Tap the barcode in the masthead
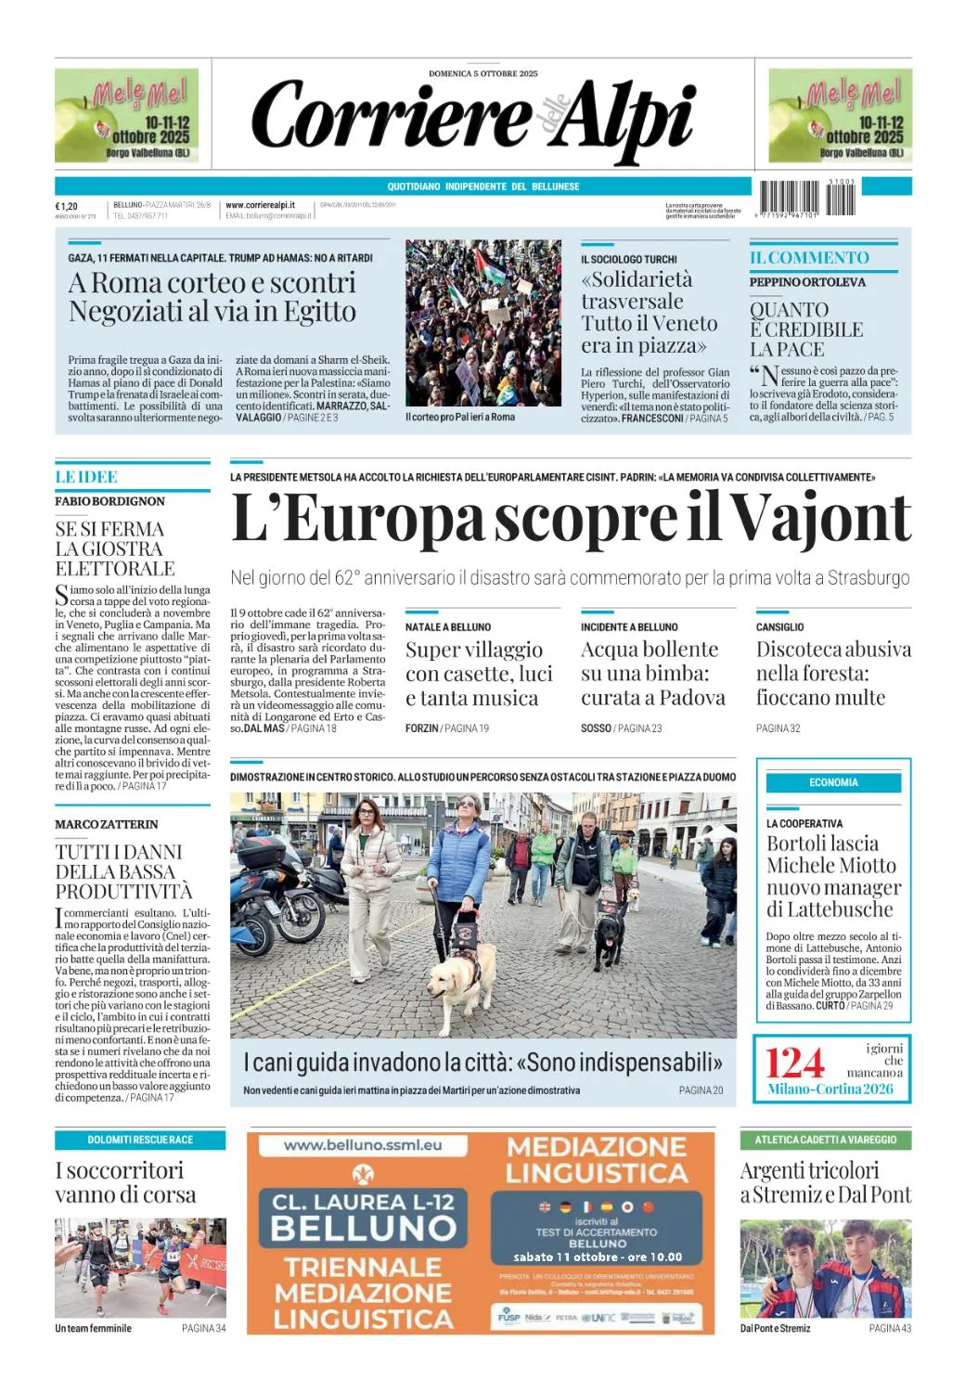coord(807,198)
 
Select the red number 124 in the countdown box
coord(794,1063)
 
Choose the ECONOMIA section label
coord(833,782)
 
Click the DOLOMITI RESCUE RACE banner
coord(140,1140)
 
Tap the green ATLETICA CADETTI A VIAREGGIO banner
coord(825,1140)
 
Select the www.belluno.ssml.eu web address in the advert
coord(363,1145)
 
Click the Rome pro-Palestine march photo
coord(482,322)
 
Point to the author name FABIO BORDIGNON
coord(109,501)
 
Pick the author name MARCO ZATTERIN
coord(107,824)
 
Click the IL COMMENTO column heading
coord(809,258)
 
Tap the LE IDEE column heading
coord(86,477)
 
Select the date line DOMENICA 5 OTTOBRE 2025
coord(482,73)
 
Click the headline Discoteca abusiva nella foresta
coord(832,673)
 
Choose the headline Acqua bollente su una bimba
coord(652,673)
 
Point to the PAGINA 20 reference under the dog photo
coord(701,1090)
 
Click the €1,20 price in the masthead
coord(67,206)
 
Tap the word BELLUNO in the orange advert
coord(363,1228)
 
